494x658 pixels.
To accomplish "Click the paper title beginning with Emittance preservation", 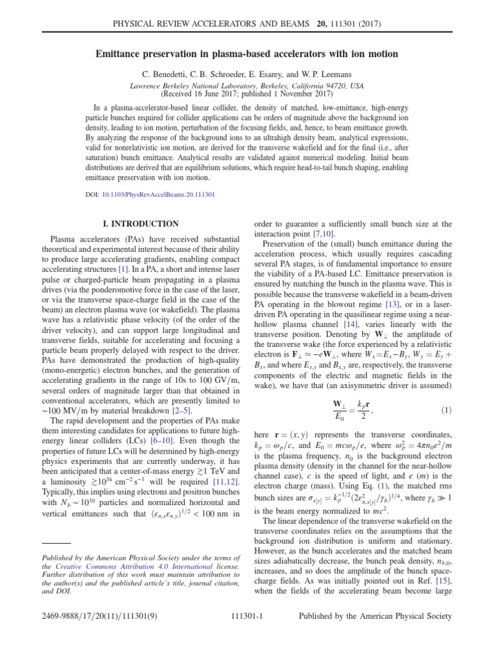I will [247, 54].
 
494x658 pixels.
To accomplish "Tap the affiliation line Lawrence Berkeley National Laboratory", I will [247, 85].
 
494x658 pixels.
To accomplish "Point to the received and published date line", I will [247, 94].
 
